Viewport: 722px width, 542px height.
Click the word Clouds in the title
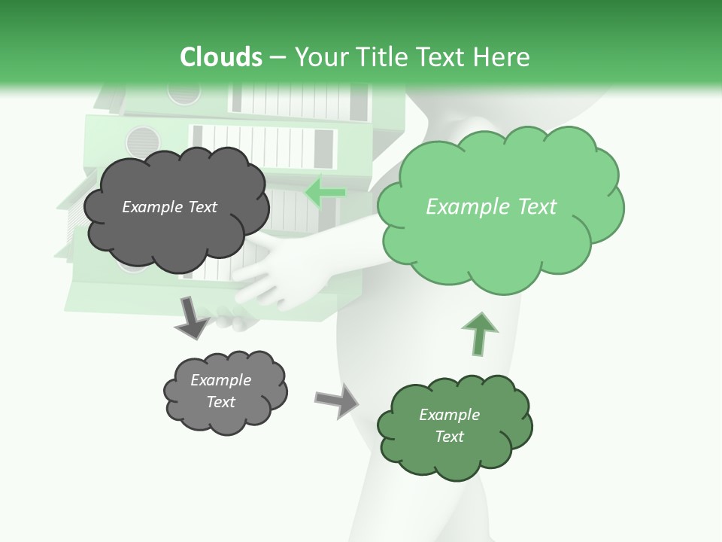[x=221, y=57]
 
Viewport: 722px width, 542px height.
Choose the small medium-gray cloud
[x=225, y=391]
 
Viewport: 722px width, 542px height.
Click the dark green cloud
[x=454, y=426]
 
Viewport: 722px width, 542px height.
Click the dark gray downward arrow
[x=191, y=317]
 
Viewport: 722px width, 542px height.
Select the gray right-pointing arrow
[x=337, y=399]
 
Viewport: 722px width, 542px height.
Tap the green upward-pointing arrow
[x=479, y=333]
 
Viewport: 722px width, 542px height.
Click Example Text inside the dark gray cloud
[x=169, y=207]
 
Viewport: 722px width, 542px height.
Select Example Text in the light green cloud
[x=491, y=207]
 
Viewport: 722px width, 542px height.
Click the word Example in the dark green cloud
[x=449, y=415]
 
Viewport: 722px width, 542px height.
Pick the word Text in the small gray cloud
[x=221, y=402]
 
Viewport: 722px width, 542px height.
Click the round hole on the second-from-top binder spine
[x=143, y=140]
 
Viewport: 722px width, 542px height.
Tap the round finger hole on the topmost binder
[x=184, y=92]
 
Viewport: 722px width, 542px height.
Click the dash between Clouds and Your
[x=278, y=57]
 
